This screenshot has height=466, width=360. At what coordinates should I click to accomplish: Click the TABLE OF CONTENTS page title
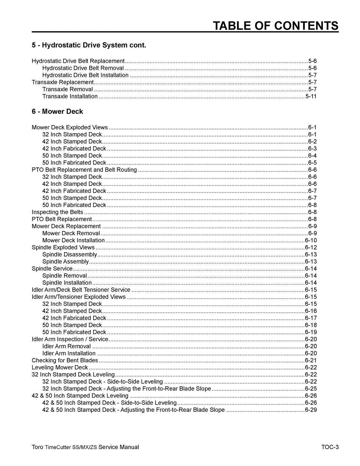276,26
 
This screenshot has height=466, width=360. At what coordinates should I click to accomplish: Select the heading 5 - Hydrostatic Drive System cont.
89,45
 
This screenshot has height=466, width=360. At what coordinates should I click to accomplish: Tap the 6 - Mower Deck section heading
57,112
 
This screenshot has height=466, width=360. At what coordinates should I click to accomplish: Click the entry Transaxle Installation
70,96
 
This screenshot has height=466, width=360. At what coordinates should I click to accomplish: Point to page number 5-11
311,96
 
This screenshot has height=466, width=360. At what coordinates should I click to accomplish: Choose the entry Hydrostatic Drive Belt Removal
83,68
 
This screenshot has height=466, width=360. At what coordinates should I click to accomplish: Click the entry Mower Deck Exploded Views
70,127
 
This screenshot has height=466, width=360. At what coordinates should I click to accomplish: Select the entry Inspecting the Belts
57,212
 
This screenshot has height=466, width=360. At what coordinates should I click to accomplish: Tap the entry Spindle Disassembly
69,255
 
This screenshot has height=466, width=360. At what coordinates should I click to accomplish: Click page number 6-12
310,248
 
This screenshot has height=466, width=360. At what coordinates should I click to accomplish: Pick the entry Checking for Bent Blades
65,361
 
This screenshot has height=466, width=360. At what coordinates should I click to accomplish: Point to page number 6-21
310,361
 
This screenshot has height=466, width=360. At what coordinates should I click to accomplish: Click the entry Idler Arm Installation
69,353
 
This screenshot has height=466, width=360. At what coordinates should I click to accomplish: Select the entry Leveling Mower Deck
60,368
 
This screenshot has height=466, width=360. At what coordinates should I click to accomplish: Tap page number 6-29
310,410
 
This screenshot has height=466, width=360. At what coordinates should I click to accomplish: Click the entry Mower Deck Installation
73,240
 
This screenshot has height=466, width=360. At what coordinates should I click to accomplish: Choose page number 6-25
310,389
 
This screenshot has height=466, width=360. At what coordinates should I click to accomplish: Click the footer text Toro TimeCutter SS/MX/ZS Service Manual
85,447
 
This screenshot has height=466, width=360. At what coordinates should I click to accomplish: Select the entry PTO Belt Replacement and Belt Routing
84,170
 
